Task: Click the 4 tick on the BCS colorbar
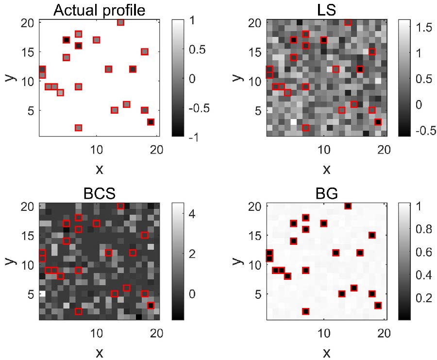[x=191, y=213]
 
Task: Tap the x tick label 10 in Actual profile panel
[x=97, y=149]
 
